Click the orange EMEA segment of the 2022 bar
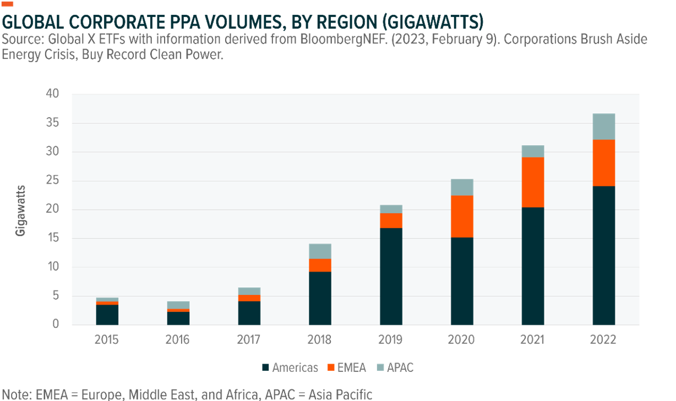tap(603, 163)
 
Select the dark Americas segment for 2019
tap(390, 276)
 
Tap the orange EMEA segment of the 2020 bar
tap(461, 216)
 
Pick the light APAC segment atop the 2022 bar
tap(603, 127)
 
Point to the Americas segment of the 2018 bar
tap(320, 298)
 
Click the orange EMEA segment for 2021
tap(532, 182)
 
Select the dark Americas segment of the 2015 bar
tap(107, 314)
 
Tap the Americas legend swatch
tap(266, 368)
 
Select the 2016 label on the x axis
tap(177, 339)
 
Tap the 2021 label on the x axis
tap(532, 339)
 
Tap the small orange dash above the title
tap(8, 4)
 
